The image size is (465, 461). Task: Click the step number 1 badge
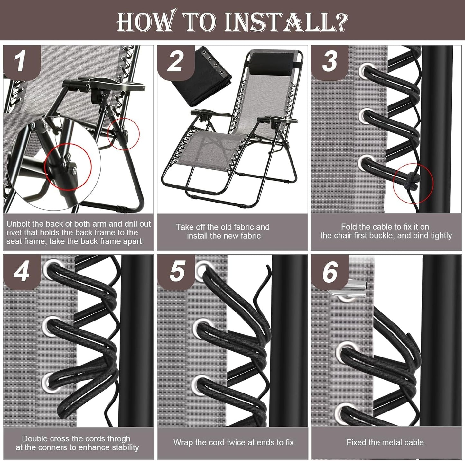(x=22, y=62)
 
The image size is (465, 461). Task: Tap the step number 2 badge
(x=176, y=62)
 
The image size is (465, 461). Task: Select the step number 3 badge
(x=330, y=62)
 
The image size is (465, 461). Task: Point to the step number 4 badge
(x=22, y=272)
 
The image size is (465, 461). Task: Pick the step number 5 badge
(x=176, y=272)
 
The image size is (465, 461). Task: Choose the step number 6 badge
(x=330, y=272)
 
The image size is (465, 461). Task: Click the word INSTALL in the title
(x=280, y=23)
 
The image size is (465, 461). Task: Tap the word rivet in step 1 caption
(x=14, y=233)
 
